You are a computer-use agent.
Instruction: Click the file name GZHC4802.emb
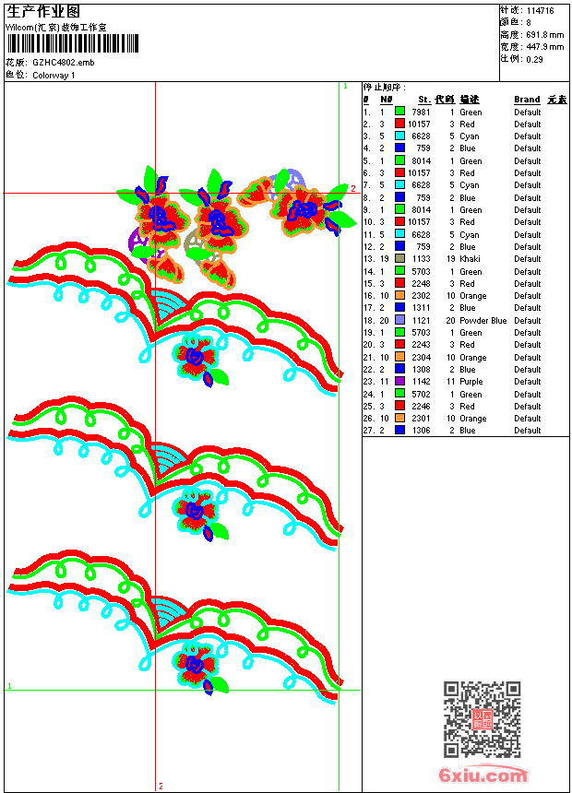[x=63, y=63]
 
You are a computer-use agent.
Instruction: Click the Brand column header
[x=527, y=100]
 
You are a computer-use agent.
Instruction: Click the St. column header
[x=423, y=100]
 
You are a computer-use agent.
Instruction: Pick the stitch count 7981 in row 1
[x=421, y=112]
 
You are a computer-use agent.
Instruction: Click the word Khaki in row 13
[x=471, y=259]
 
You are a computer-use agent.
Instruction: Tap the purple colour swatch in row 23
[x=399, y=382]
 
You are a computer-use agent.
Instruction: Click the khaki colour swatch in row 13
[x=399, y=259]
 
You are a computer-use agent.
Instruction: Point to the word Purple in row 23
[x=471, y=382]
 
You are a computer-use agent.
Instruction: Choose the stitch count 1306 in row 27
[x=423, y=431]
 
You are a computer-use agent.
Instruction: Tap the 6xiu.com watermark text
[x=483, y=775]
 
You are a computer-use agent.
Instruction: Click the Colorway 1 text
[x=54, y=76]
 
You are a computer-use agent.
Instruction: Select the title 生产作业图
[x=43, y=12]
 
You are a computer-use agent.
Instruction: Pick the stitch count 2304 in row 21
[x=421, y=358]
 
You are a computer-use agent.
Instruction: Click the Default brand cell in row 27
[x=528, y=431]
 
